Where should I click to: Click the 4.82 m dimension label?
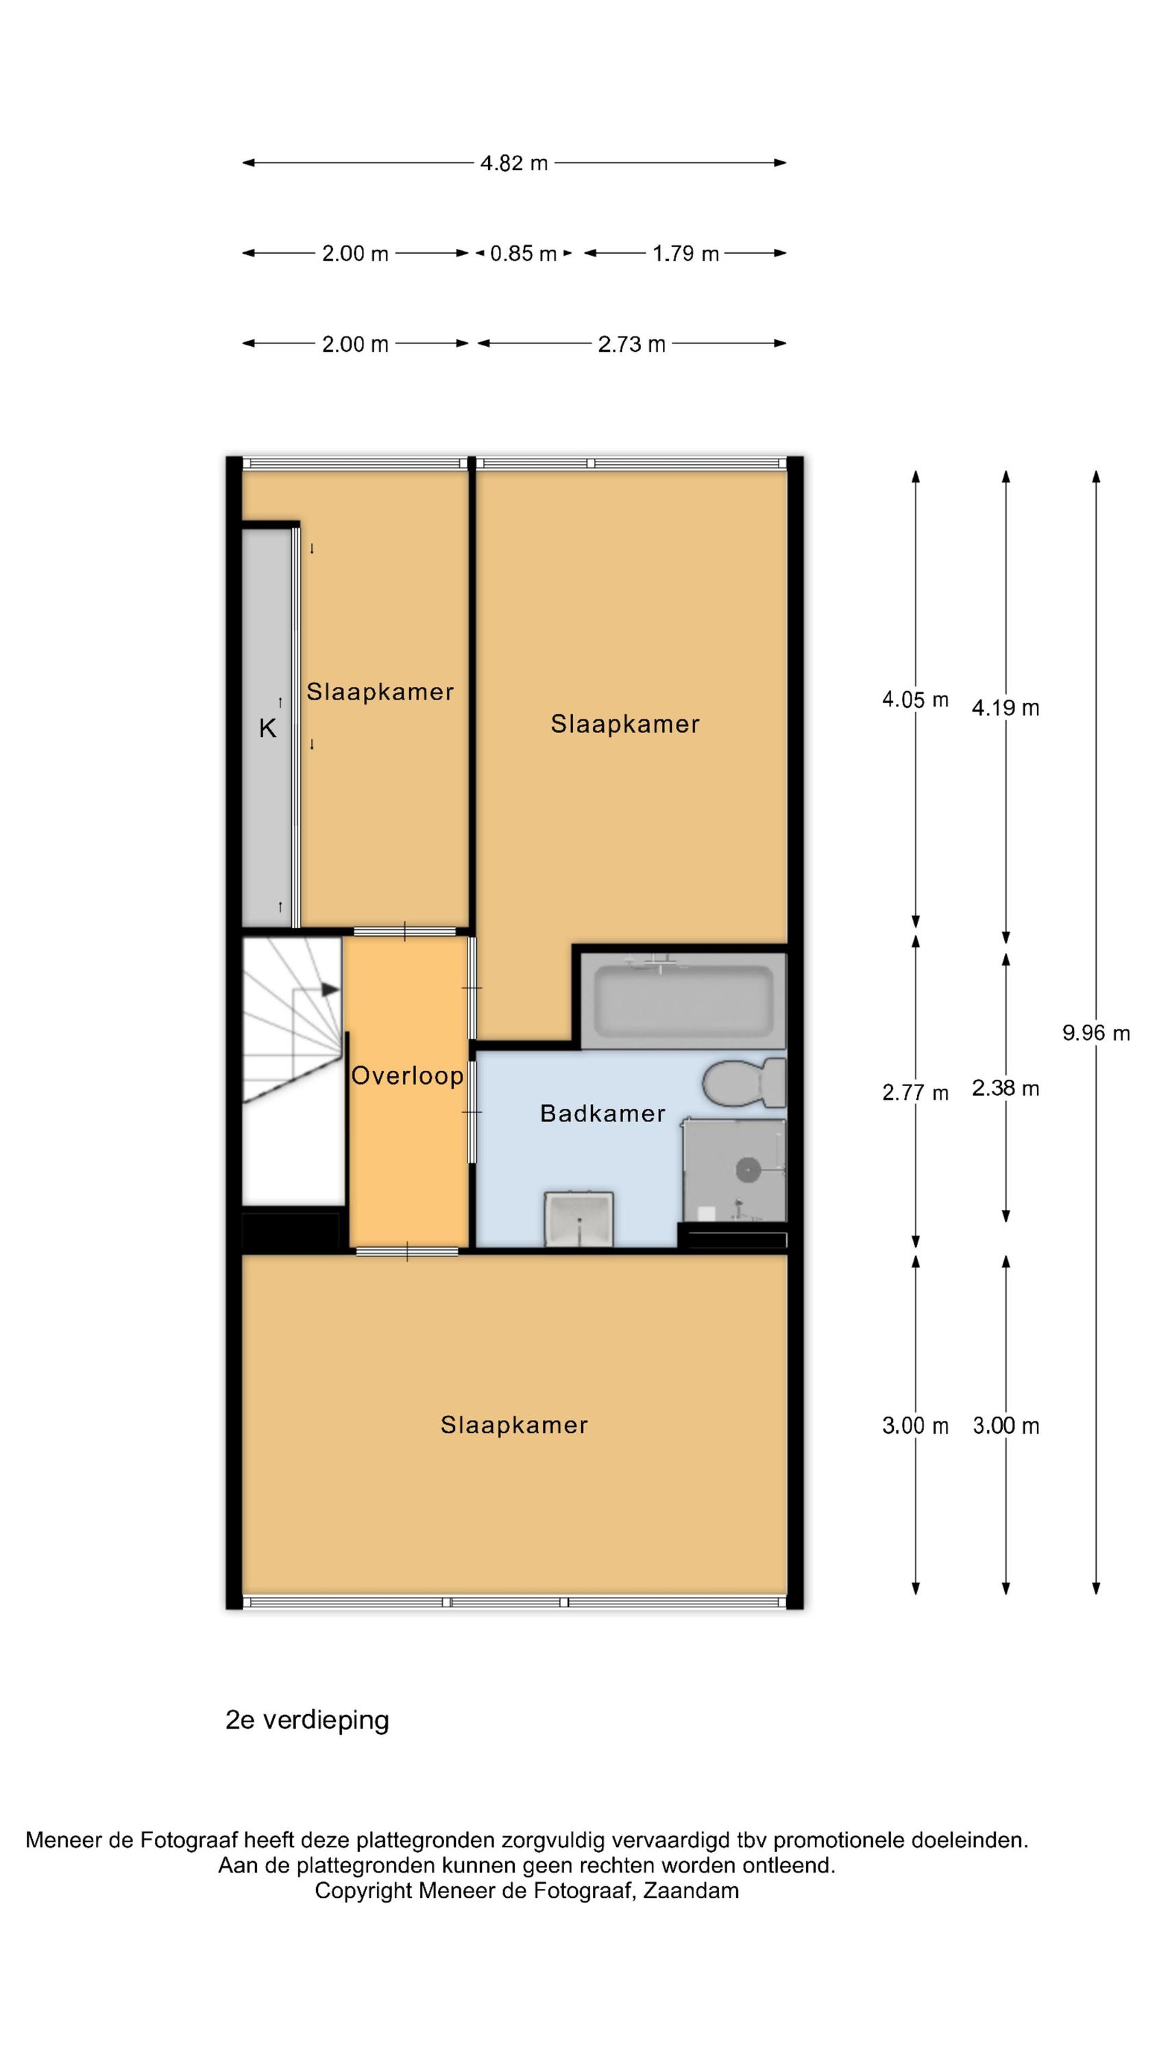[513, 163]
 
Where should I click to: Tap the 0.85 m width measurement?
[523, 253]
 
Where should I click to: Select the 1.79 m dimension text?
[685, 253]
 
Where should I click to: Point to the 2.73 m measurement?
[631, 344]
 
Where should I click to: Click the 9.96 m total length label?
[1095, 1033]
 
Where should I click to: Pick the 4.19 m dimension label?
[1006, 708]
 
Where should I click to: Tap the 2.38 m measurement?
[1006, 1087]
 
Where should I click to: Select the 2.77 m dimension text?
[915, 1092]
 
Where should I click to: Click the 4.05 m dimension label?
[915, 699]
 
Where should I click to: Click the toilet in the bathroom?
[744, 1083]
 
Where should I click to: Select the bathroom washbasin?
[579, 1218]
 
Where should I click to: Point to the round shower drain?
[747, 1170]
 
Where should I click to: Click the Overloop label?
[407, 1076]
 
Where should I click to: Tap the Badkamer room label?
[603, 1113]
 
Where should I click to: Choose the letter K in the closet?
[267, 728]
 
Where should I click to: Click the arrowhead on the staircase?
[330, 989]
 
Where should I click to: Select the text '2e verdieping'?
[308, 1720]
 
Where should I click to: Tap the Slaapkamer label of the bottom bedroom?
[514, 1425]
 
